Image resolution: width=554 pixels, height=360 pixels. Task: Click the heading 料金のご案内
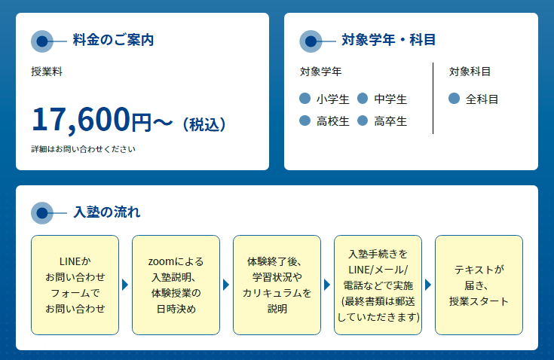click(113, 40)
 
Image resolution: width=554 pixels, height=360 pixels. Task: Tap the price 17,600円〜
click(103, 120)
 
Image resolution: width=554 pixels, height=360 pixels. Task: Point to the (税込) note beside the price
click(204, 124)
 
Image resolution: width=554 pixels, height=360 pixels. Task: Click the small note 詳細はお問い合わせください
click(83, 149)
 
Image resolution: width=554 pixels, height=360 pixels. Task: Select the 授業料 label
click(47, 72)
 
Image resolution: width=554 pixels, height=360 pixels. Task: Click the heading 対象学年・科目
click(388, 40)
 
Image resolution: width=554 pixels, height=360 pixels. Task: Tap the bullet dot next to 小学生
click(305, 99)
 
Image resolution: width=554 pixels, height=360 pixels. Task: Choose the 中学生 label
click(390, 99)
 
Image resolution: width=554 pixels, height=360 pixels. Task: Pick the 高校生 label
click(333, 121)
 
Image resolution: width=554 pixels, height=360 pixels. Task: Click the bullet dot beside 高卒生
click(363, 121)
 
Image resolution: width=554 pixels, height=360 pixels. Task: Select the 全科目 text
click(482, 99)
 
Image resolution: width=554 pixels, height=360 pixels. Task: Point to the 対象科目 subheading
click(470, 72)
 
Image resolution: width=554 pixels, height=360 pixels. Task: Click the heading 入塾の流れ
click(107, 212)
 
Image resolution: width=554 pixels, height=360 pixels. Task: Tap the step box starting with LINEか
click(75, 285)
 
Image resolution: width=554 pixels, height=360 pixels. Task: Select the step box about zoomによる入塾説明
click(176, 285)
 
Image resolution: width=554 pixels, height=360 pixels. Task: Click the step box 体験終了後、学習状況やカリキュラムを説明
click(277, 285)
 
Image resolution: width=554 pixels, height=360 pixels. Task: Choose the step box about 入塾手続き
click(378, 285)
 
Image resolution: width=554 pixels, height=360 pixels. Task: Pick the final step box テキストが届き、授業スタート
click(479, 285)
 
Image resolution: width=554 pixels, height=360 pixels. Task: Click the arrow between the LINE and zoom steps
click(125, 285)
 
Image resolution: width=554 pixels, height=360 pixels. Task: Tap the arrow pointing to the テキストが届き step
click(428, 285)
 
